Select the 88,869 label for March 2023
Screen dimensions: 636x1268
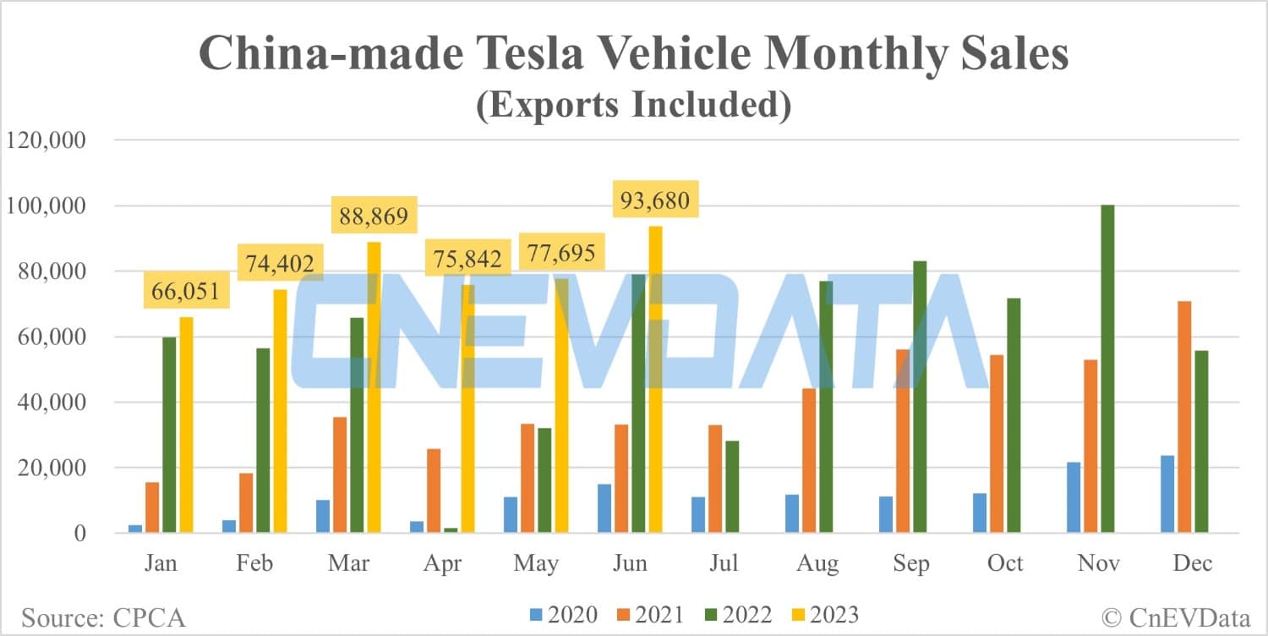coord(372,216)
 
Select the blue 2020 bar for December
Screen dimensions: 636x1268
coord(1167,494)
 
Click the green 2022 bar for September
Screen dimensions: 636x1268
coord(920,397)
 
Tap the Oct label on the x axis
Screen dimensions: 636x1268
coord(1005,563)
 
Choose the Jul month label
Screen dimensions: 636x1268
coord(724,563)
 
